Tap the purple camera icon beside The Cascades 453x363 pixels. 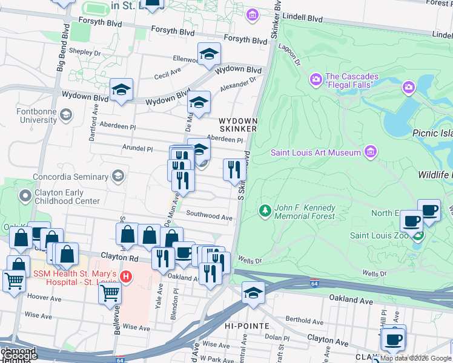click(x=316, y=80)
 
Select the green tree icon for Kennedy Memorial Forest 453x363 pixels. click(x=265, y=211)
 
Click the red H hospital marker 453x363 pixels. click(x=125, y=277)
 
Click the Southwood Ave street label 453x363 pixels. click(x=210, y=215)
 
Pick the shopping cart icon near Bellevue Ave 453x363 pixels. click(x=110, y=293)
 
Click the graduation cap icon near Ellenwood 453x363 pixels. click(x=208, y=54)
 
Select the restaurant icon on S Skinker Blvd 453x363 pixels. click(x=234, y=170)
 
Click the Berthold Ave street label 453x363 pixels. click(x=306, y=321)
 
